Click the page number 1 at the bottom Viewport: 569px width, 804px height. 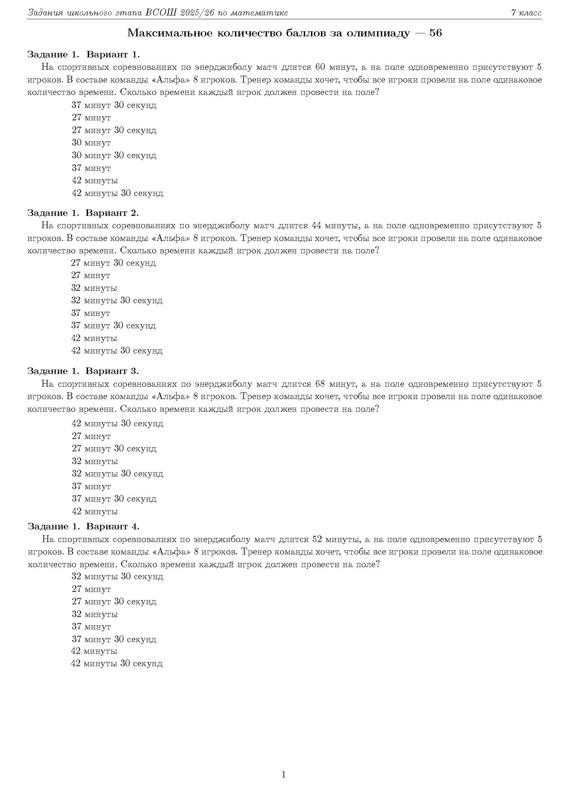[283, 775]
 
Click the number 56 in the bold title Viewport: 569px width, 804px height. [436, 33]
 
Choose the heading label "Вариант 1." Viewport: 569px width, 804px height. [113, 54]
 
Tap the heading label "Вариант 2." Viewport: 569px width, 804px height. [112, 212]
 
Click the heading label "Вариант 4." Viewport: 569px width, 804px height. [113, 526]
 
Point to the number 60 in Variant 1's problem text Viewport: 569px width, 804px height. [321, 67]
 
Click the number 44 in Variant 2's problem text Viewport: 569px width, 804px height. [316, 225]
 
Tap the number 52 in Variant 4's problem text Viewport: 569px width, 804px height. [317, 539]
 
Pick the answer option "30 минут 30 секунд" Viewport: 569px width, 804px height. [114, 155]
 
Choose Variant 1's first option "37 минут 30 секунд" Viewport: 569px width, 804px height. [114, 105]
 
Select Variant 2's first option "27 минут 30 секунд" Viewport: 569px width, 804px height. [113, 263]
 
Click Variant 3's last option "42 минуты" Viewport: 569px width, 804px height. [95, 511]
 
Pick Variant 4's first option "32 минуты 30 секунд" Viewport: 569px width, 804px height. [117, 576]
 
